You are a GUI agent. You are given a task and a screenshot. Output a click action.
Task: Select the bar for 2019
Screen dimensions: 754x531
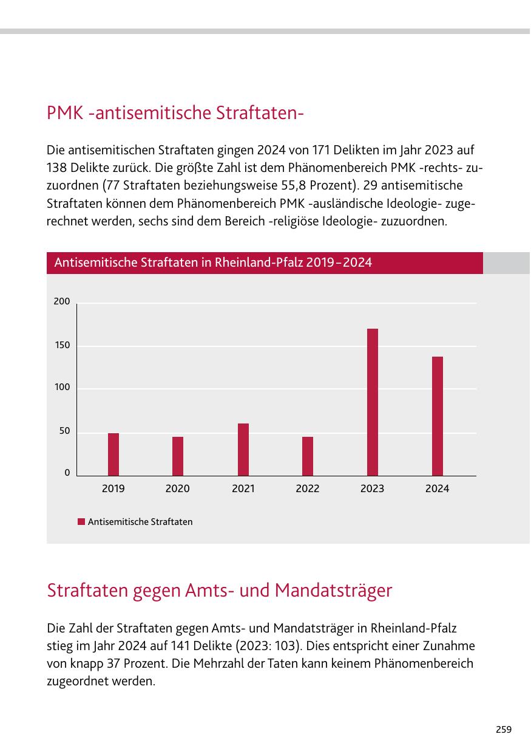[x=113, y=454]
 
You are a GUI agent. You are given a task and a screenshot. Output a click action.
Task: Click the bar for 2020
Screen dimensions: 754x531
[x=178, y=456]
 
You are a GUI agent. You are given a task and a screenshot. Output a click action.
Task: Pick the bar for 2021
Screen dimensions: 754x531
[x=243, y=450]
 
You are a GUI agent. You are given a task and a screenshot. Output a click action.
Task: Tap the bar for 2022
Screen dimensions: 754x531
[x=308, y=456]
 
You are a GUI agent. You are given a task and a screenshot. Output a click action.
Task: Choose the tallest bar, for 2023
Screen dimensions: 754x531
[x=373, y=402]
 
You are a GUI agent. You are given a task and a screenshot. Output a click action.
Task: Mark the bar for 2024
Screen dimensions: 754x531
[x=438, y=416]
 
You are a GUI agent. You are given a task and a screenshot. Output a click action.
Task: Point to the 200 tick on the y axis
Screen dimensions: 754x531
[x=62, y=302]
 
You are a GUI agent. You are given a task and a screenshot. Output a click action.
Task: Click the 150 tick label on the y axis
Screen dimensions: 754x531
[x=62, y=345]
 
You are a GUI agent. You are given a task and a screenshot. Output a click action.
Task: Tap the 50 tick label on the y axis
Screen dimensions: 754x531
[x=64, y=431]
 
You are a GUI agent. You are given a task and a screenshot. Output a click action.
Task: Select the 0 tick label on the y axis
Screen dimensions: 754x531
[x=67, y=473]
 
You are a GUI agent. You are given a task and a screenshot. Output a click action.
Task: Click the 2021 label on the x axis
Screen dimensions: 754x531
[x=243, y=488]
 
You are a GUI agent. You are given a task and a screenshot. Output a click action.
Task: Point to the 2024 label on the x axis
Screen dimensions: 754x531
[x=438, y=488]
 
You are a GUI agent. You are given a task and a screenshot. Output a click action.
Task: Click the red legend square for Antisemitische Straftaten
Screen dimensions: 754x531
[x=81, y=522]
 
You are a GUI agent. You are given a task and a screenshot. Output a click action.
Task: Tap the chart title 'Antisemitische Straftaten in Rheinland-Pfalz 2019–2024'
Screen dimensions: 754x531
[x=213, y=263]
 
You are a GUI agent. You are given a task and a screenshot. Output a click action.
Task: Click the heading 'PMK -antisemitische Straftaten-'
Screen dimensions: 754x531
[x=175, y=113]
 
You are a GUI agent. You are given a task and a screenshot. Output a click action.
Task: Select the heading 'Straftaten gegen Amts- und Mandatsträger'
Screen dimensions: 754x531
[x=220, y=590]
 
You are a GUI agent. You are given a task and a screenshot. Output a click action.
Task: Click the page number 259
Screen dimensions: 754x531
[x=503, y=730]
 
